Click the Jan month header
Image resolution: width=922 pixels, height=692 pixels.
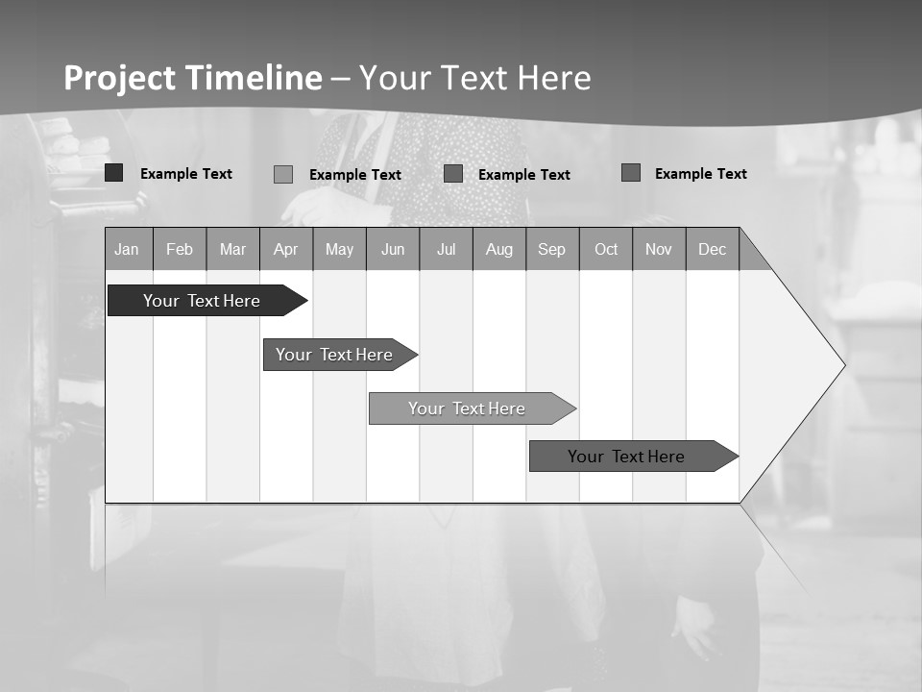click(128, 249)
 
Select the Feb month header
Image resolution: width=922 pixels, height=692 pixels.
click(180, 249)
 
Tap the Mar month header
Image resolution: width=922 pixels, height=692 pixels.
click(232, 249)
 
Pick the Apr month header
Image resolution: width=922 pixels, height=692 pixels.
click(286, 249)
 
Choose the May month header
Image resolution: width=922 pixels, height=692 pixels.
click(339, 249)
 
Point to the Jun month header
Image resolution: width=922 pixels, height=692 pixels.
click(393, 249)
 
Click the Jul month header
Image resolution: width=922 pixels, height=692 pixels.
click(446, 249)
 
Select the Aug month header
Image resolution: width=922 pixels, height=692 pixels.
click(499, 249)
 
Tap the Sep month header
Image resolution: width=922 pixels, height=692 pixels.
click(552, 249)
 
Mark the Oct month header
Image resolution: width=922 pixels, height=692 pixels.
click(606, 249)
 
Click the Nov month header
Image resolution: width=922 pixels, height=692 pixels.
click(659, 249)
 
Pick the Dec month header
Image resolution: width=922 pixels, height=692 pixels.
click(713, 249)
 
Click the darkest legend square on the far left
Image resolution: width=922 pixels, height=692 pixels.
click(114, 173)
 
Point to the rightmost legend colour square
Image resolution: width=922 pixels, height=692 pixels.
click(631, 172)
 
